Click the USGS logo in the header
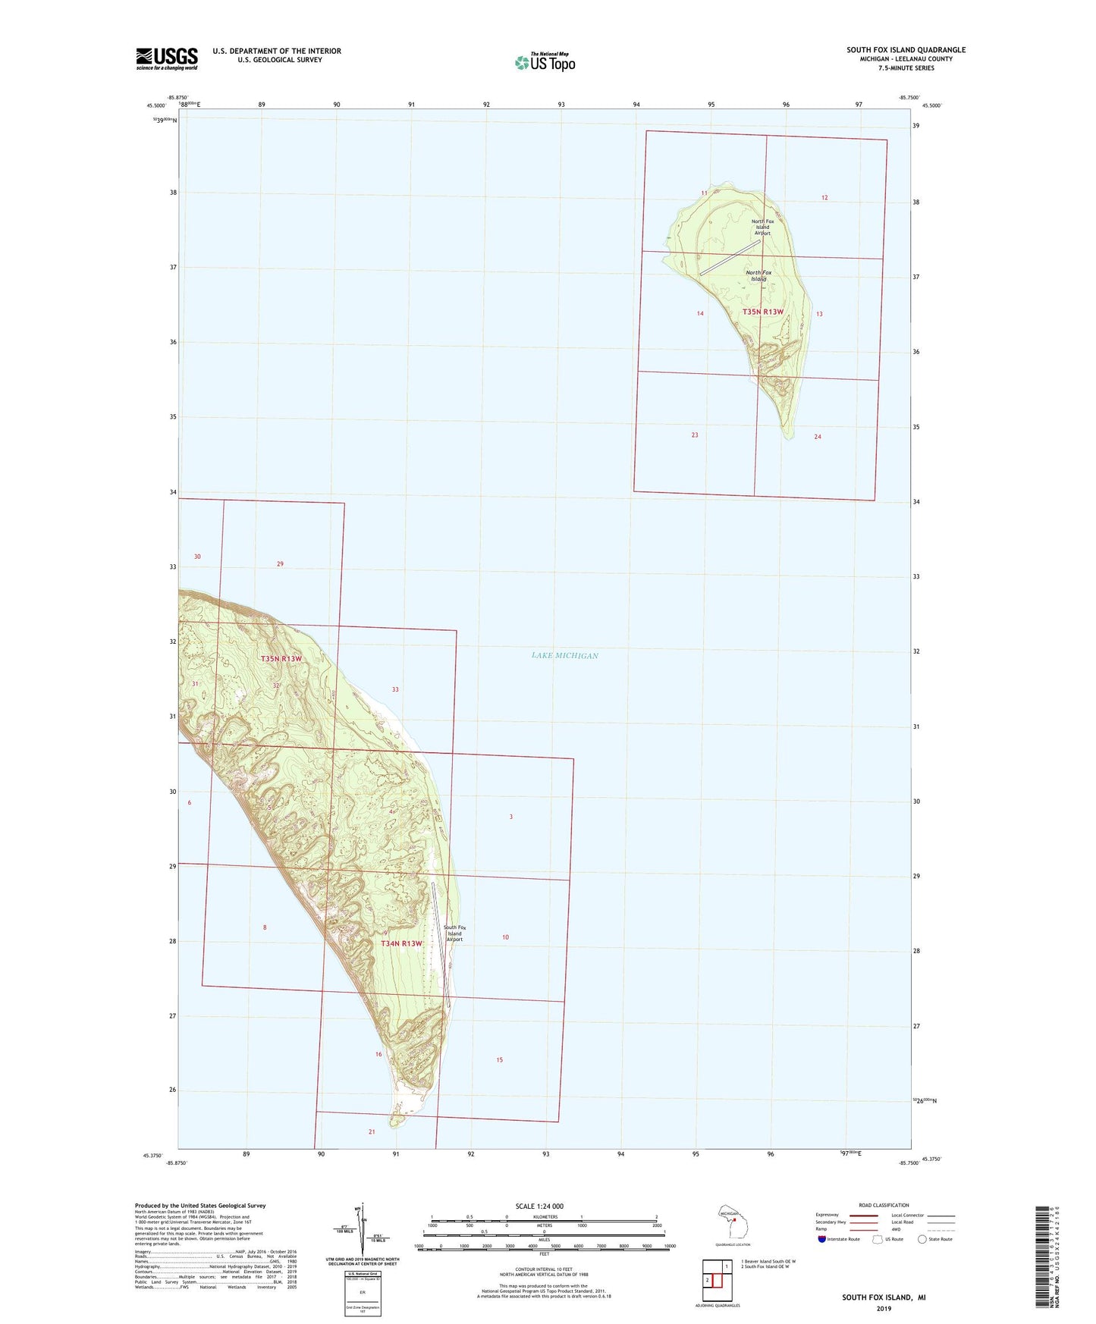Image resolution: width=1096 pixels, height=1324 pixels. coord(167,58)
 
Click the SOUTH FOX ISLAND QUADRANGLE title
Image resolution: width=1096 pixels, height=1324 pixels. coord(906,50)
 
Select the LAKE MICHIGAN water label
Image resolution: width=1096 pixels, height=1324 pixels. coord(565,656)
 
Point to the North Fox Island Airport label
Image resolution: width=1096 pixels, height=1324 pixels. coord(762,227)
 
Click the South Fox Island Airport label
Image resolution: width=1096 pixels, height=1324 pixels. coord(454,933)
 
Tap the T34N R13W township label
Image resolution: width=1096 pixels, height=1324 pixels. coord(401,943)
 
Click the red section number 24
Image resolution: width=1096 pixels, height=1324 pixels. coord(817,437)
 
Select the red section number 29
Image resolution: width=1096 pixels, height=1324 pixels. coord(280,564)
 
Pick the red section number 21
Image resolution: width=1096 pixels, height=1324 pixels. coord(372,1132)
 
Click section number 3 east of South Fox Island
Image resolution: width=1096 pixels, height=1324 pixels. coord(511,817)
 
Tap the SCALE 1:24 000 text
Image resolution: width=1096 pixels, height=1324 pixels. coord(539,1206)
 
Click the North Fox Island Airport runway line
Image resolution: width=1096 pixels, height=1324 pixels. coord(730,258)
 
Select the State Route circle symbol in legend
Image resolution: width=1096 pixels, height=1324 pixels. coord(922,1239)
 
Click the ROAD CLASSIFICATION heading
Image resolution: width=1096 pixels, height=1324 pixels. coord(884,1205)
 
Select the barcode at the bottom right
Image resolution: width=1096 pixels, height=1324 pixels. coord(1044,1256)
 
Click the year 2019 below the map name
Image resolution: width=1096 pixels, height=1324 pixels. coord(884,1309)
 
